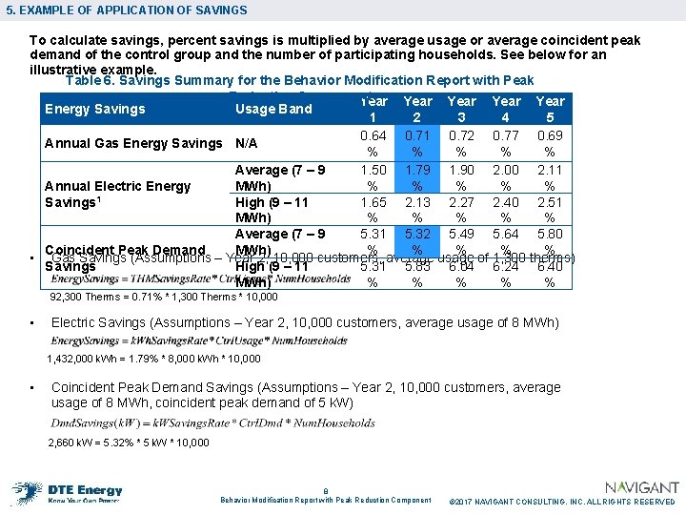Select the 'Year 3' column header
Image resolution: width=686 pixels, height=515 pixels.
tap(461, 109)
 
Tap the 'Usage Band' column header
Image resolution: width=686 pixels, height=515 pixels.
tap(273, 109)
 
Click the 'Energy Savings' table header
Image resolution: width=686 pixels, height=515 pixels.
tap(95, 109)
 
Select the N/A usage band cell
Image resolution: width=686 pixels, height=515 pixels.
tap(246, 143)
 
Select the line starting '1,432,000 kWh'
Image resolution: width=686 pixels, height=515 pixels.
tap(140, 360)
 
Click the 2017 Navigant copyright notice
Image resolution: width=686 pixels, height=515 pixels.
tap(561, 502)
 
